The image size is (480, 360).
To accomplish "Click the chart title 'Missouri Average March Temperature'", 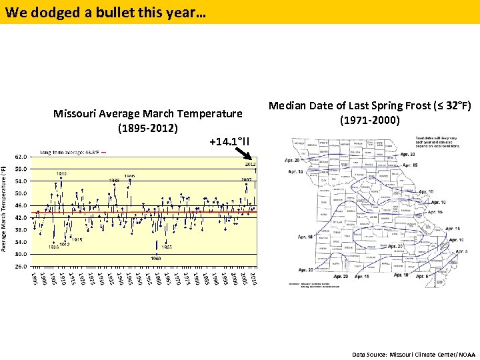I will [147, 114].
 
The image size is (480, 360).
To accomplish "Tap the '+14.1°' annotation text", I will [229, 141].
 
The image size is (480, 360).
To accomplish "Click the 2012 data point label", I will [251, 163].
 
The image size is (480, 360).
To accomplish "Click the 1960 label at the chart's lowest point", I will [155, 258].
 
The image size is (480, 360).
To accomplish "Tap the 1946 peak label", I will [129, 176].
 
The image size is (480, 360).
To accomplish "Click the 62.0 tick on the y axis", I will [21, 157].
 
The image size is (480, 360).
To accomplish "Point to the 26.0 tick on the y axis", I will [21, 266].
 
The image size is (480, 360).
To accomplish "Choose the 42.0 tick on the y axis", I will [21, 218].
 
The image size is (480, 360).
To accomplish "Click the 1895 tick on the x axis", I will [34, 278].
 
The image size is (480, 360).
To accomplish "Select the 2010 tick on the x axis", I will [253, 278].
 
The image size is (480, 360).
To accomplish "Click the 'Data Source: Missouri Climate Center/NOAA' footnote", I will [413, 354].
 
